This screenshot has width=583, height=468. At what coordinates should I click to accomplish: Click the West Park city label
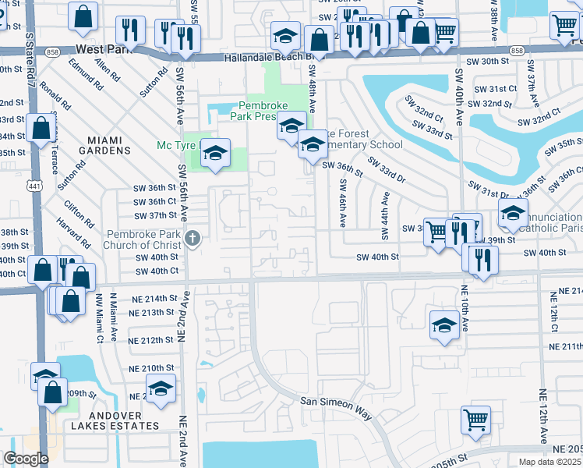pos(101,48)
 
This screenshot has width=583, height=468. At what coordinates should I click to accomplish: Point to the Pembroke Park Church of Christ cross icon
pos(192,238)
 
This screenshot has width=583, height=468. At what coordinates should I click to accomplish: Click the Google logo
pos(26,459)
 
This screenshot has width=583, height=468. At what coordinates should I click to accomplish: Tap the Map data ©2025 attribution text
pos(549,462)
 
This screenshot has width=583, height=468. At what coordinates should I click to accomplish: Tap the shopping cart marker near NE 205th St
pos(475,420)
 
